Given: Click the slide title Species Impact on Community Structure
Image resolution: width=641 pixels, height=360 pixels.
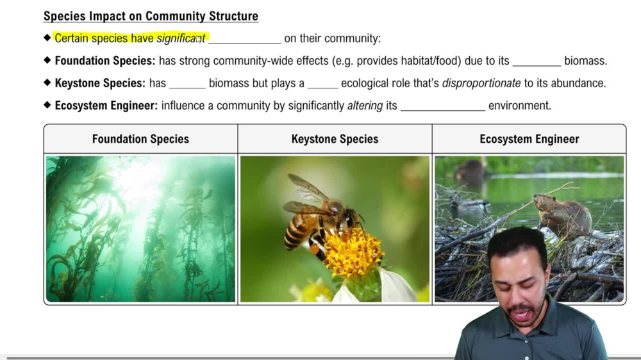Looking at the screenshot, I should click(x=151, y=16).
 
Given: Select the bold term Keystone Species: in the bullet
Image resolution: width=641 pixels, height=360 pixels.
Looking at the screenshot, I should click(x=100, y=83).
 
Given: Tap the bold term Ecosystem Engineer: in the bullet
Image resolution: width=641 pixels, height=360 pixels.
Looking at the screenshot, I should click(x=106, y=106).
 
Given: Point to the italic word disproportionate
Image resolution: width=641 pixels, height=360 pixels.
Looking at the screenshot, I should click(x=481, y=83).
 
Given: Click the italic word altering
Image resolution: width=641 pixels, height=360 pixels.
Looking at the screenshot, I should click(x=365, y=106).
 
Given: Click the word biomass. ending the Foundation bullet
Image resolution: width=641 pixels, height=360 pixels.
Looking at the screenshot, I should click(x=585, y=61).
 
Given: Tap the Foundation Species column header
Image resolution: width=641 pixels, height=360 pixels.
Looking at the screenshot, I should click(x=140, y=139).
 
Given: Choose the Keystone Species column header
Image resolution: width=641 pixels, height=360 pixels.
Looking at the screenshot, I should click(x=335, y=139).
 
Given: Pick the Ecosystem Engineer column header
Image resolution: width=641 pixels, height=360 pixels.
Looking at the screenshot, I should click(x=529, y=139).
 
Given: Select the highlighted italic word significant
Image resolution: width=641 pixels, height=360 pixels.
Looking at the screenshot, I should click(x=181, y=38).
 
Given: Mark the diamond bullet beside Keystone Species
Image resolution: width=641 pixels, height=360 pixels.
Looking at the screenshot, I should click(x=47, y=83).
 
